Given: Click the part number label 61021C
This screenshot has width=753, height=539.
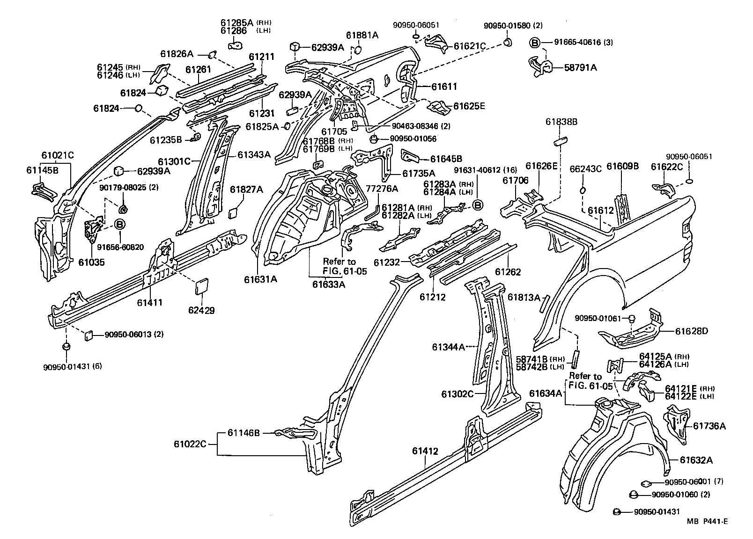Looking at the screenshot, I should [58, 155].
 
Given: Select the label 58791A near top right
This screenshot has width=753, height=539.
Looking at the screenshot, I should [580, 67].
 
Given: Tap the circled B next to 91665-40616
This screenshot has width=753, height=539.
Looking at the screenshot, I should [534, 43].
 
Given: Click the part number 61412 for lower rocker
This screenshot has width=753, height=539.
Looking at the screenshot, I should [425, 451].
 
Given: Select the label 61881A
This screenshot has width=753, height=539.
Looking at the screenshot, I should [362, 35].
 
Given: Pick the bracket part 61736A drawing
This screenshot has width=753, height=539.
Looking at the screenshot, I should [675, 423].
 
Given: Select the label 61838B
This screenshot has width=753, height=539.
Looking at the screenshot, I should [561, 122].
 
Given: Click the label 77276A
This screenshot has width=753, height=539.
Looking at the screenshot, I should [382, 189].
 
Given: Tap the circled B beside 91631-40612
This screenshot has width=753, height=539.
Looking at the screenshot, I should [477, 205].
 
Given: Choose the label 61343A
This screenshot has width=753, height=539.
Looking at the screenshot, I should [254, 155].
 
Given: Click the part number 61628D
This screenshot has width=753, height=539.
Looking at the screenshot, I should [691, 331].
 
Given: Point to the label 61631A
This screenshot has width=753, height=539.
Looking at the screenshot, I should [260, 279].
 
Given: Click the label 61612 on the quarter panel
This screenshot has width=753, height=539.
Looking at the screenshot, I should [601, 211].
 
